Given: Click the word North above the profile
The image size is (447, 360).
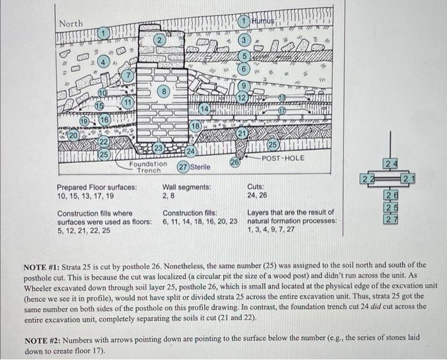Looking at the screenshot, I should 71,23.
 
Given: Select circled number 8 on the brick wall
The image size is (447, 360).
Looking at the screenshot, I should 164,92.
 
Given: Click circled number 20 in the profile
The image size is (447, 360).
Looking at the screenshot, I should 73,135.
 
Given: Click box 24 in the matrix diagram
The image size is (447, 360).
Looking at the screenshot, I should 390,163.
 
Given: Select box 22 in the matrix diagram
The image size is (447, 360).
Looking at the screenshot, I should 367,177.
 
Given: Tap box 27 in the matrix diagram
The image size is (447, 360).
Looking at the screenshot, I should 390,219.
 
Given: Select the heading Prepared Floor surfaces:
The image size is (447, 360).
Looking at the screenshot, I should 96,187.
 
